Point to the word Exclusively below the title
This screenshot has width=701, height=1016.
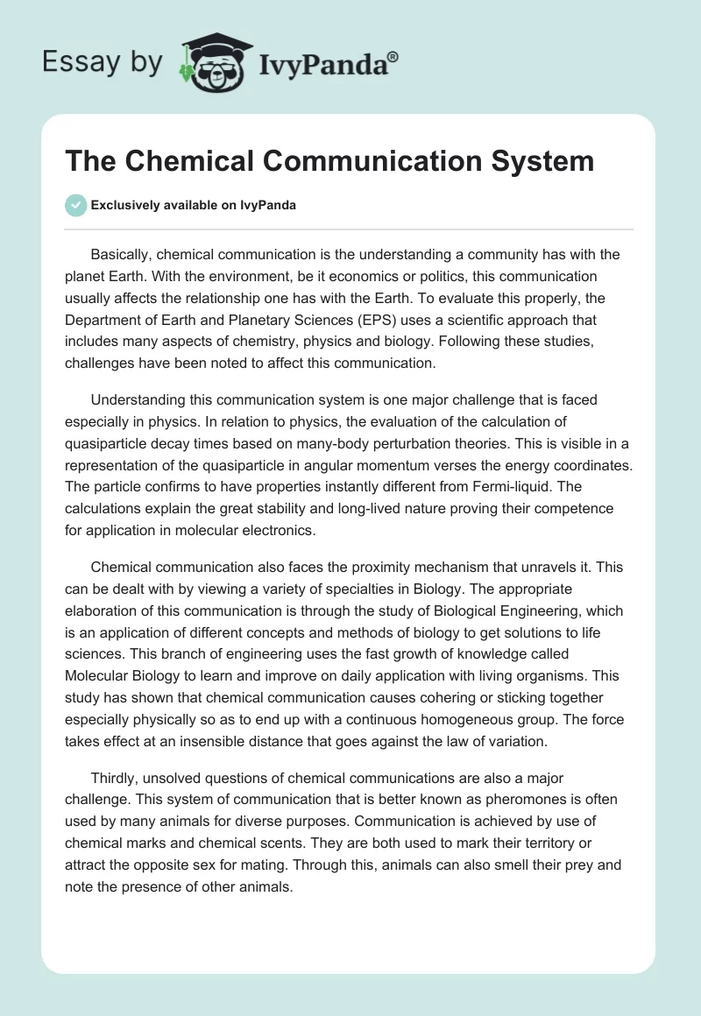[127, 206]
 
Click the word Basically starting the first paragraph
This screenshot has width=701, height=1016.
[124, 255]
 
